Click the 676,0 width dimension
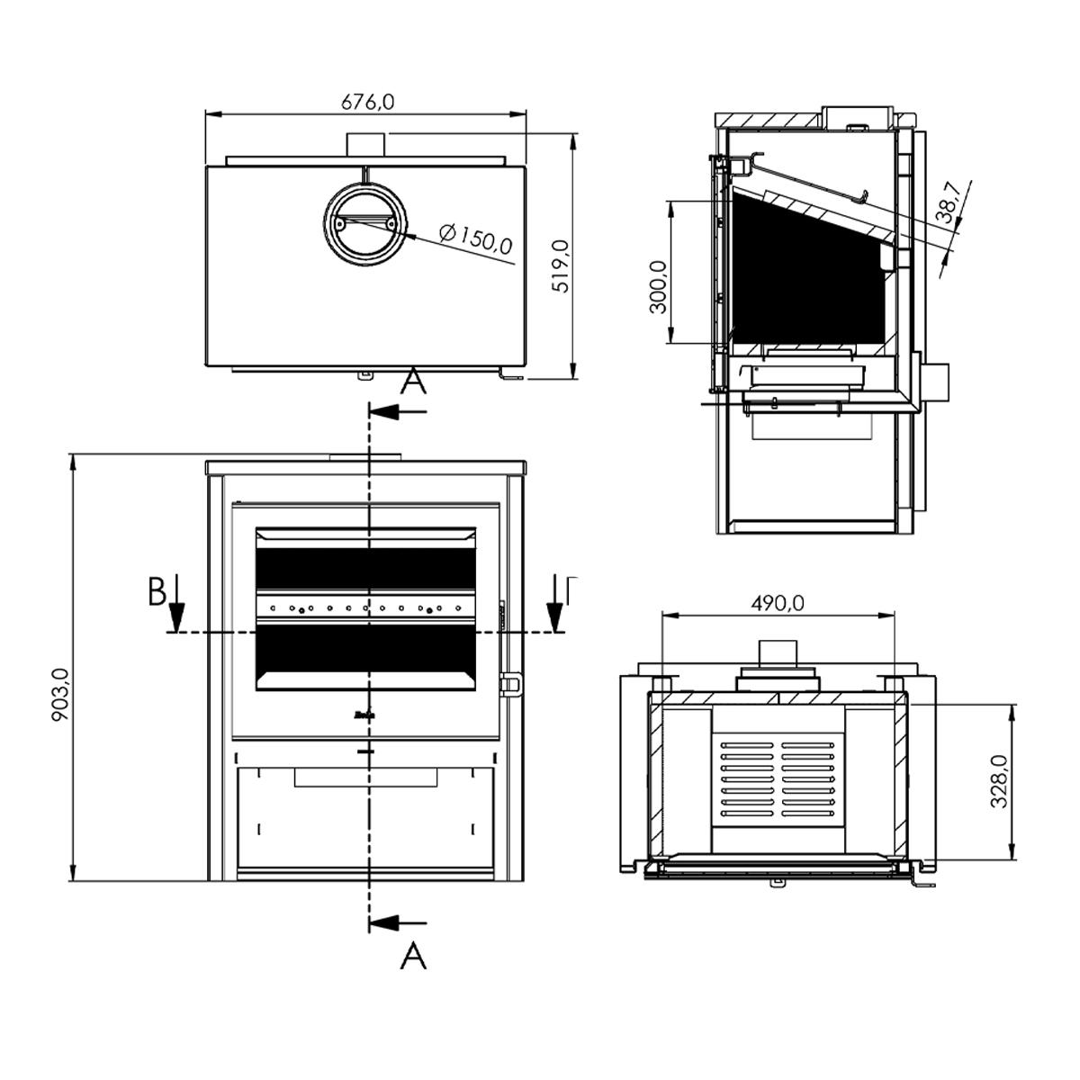coord(367,102)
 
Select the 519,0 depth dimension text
coord(561,265)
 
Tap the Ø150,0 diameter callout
coord(477,238)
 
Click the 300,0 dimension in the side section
coord(659,286)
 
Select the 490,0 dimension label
coord(778,603)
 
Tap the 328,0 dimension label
coord(1000,781)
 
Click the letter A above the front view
coord(412,382)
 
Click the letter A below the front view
coord(412,956)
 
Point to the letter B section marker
coord(157,592)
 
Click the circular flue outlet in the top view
coord(364,222)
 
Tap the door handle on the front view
coord(511,686)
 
